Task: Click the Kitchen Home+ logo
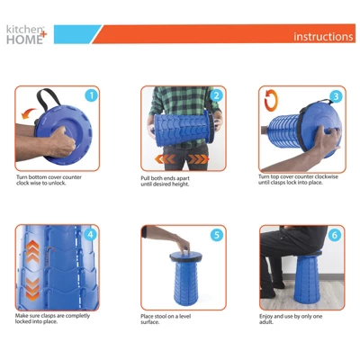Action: [x=26, y=34]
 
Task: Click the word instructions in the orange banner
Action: [x=323, y=37]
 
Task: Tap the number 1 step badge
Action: [x=92, y=95]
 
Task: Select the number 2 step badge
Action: [x=217, y=95]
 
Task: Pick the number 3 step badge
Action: [x=336, y=96]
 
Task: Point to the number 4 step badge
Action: [x=90, y=234]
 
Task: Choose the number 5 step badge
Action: [x=217, y=235]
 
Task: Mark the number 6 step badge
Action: [x=335, y=235]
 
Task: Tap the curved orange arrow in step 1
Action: [x=30, y=113]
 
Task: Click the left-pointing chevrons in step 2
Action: [x=165, y=159]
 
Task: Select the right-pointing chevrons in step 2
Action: [x=198, y=159]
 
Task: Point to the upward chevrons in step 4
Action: [x=32, y=251]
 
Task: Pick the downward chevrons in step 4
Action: [x=32, y=289]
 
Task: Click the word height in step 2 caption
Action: [x=180, y=184]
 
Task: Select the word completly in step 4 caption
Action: [x=77, y=316]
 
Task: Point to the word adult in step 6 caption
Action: [x=266, y=322]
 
